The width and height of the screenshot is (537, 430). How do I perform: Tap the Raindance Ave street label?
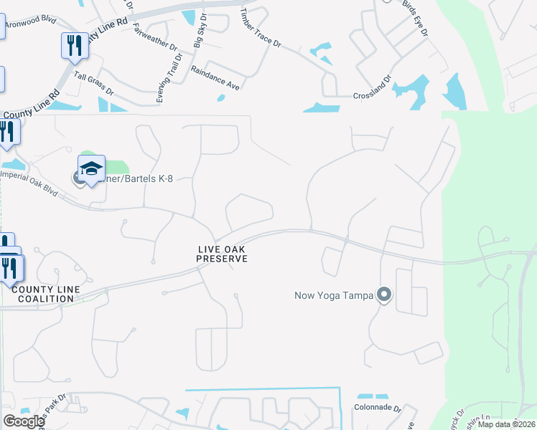[x=215, y=77]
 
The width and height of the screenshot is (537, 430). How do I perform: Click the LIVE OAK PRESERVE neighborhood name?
[x=223, y=254]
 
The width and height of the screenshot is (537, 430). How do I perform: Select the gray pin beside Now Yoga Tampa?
[x=384, y=294]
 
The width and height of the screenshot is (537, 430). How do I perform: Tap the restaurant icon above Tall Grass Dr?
[x=75, y=46]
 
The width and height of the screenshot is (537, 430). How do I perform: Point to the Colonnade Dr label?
[x=377, y=408]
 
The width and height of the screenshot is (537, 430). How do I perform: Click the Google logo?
[x=24, y=421]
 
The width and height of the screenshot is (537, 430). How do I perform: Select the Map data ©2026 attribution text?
[x=506, y=424]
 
